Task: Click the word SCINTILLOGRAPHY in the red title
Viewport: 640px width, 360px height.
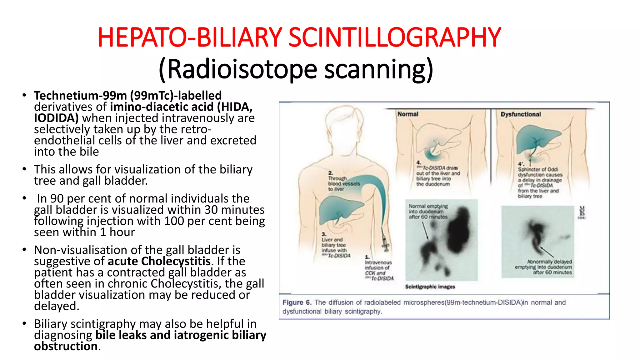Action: [x=394, y=37]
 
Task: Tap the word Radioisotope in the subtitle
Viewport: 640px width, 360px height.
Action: [x=242, y=69]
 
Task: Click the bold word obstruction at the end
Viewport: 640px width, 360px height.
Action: [x=66, y=346]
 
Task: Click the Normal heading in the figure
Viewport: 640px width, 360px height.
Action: [x=407, y=114]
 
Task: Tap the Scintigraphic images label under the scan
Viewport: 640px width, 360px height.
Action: [x=430, y=287]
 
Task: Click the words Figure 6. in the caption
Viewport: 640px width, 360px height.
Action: [x=297, y=302]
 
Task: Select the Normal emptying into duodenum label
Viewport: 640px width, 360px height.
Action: [x=428, y=212]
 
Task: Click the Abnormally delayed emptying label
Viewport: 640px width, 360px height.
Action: [x=544, y=267]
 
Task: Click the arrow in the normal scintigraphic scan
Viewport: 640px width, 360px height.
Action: [x=425, y=231]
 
